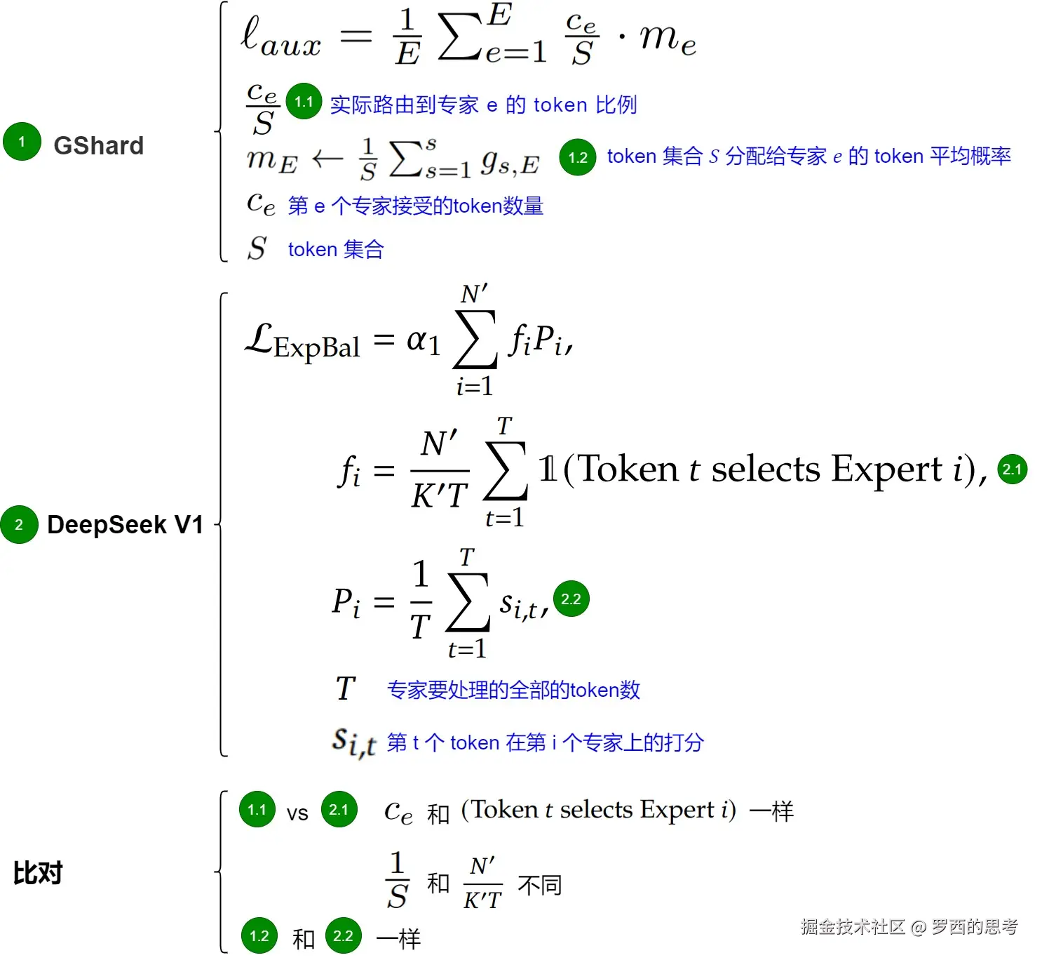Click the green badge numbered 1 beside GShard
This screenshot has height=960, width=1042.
coord(22,142)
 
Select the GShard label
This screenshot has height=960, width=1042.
coord(98,146)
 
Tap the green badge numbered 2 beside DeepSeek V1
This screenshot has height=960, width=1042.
coord(19,524)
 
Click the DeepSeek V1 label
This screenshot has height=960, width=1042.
coord(125,525)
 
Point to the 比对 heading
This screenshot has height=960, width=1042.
coord(38,873)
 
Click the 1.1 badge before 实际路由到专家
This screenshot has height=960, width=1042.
coord(304,102)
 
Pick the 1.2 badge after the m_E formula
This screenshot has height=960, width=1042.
coord(578,157)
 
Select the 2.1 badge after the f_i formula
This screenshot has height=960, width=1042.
coord(1012,469)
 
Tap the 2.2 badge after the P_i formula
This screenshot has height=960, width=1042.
coord(571,599)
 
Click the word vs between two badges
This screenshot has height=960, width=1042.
coord(297,813)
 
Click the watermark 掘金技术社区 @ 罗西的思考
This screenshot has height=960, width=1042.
coord(909,927)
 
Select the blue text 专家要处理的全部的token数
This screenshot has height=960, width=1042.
coord(513,690)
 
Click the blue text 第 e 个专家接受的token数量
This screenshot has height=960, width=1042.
coord(415,206)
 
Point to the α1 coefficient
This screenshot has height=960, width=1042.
coord(423,341)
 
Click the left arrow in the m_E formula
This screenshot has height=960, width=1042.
coord(327,159)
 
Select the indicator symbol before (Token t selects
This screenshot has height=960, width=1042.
coord(548,469)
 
